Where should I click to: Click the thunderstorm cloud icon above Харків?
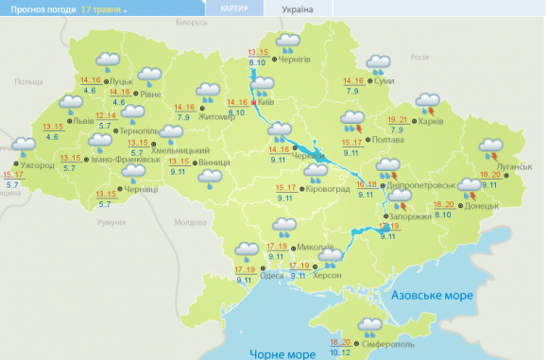(x=427, y=99)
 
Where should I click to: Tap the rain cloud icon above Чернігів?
(x=287, y=42)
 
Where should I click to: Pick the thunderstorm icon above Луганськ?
(x=490, y=147)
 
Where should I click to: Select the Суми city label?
(x=385, y=80)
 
